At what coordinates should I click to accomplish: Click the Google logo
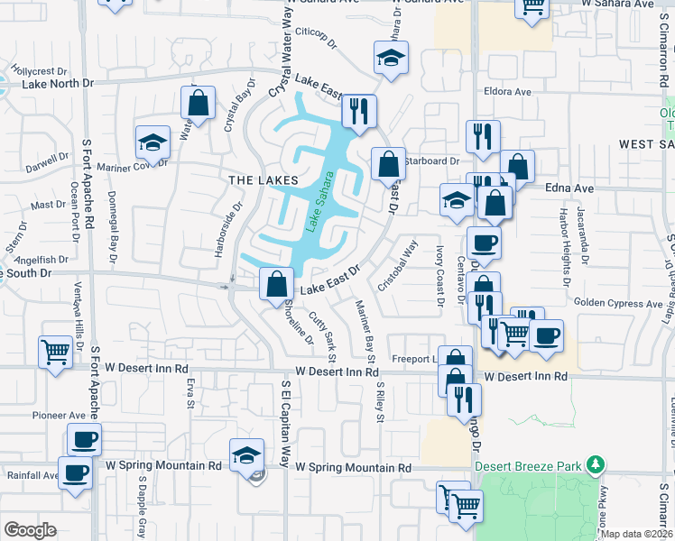(x=30, y=530)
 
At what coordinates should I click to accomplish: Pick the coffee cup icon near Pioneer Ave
(x=84, y=439)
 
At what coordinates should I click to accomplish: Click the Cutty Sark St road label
(x=323, y=332)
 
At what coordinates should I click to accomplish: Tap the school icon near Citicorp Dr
(x=390, y=57)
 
